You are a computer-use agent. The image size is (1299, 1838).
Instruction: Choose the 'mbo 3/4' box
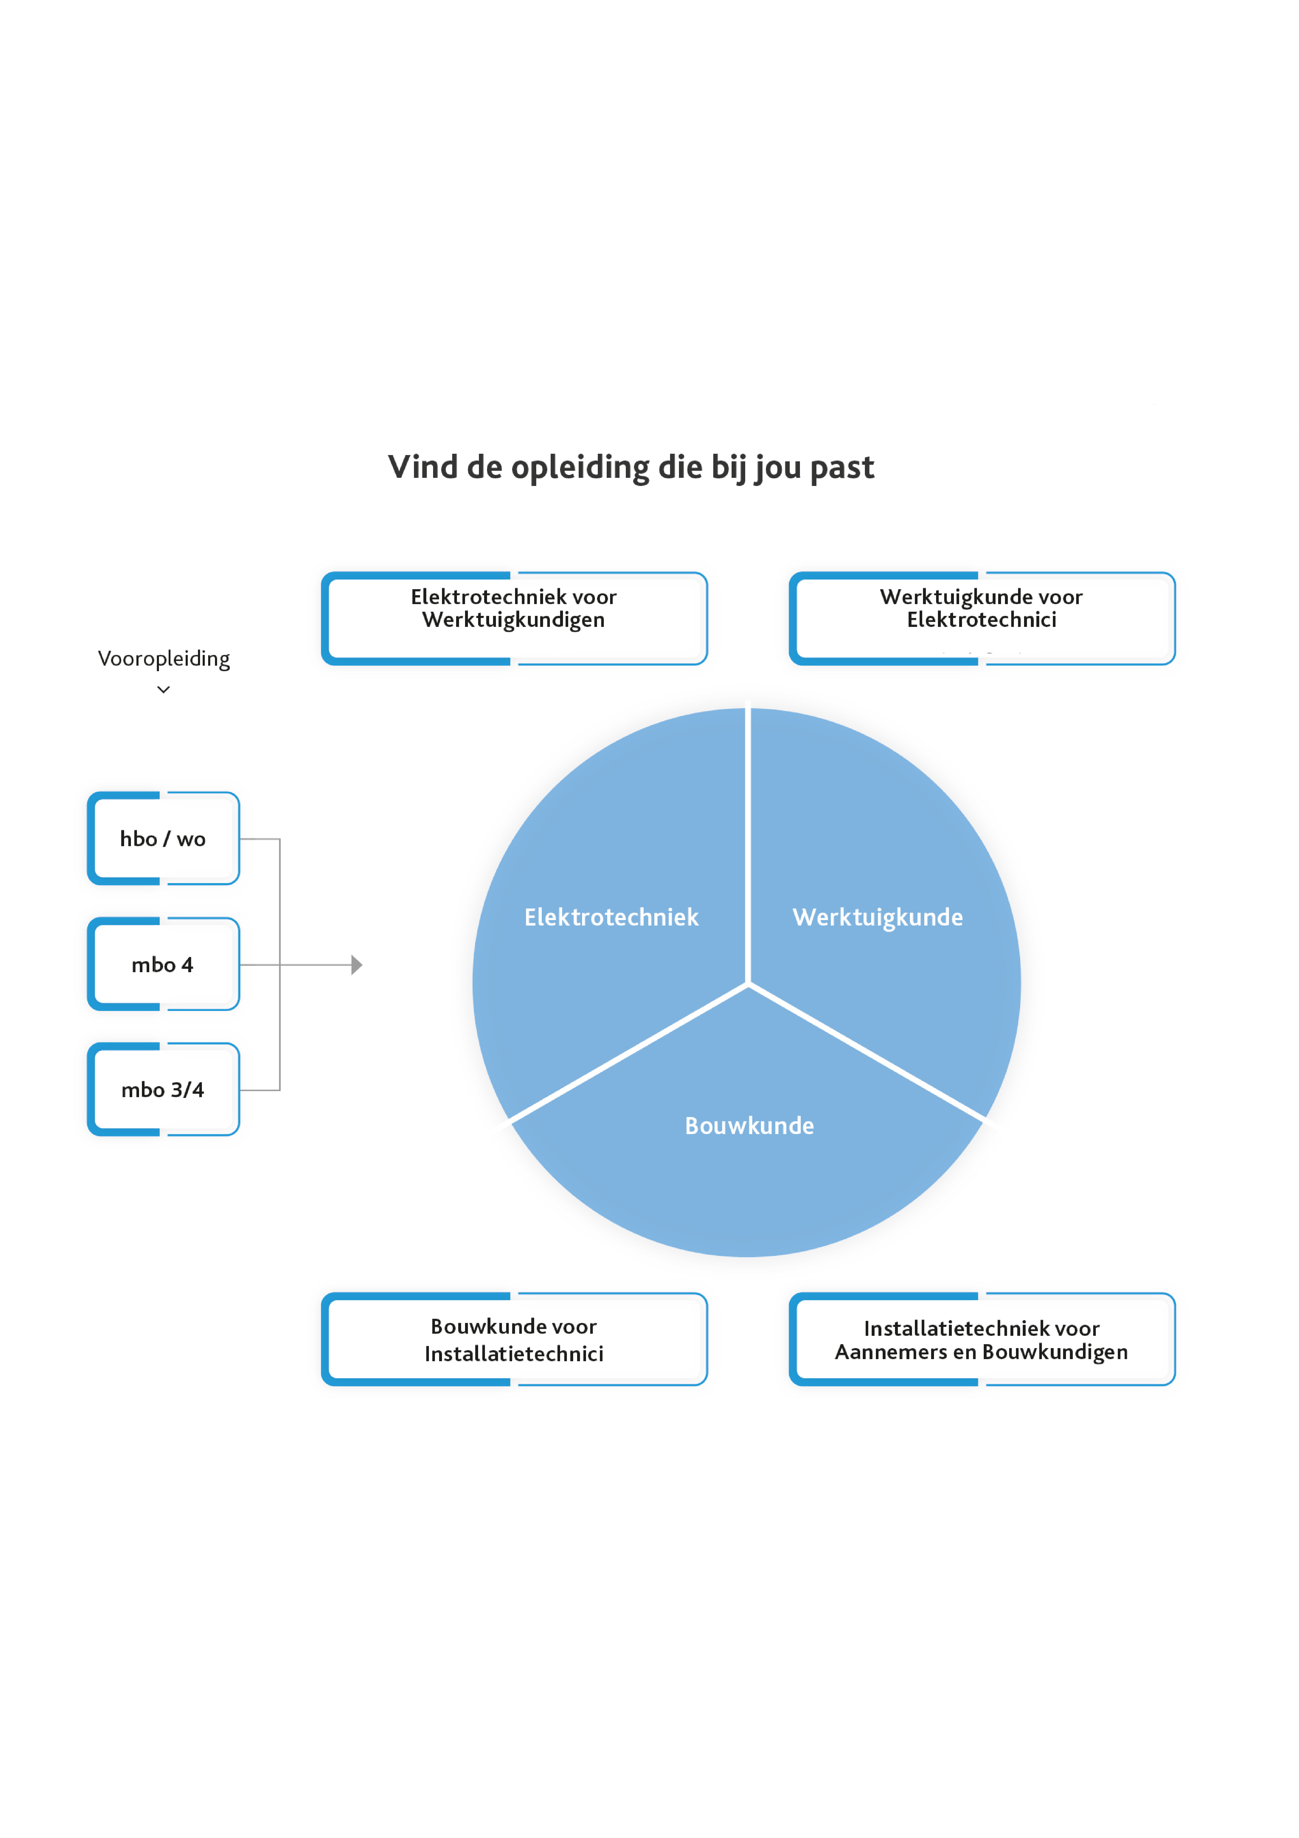[x=163, y=1090]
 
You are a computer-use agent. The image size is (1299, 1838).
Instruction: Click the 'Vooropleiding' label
[x=164, y=659]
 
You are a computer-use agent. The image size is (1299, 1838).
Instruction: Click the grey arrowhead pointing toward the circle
[x=357, y=965]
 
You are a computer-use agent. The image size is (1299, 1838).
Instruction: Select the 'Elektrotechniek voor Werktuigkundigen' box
[x=515, y=618]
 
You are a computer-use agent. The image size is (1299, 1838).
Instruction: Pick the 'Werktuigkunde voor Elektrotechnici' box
[x=982, y=618]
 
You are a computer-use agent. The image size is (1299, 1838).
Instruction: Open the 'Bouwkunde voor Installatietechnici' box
[x=515, y=1339]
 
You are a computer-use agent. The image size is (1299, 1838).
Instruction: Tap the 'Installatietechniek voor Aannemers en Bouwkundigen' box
[x=982, y=1339]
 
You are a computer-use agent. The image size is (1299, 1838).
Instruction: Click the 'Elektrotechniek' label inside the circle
[x=611, y=917]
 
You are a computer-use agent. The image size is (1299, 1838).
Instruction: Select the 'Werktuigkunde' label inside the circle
[x=878, y=917]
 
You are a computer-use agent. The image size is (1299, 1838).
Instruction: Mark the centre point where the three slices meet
[x=748, y=984]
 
